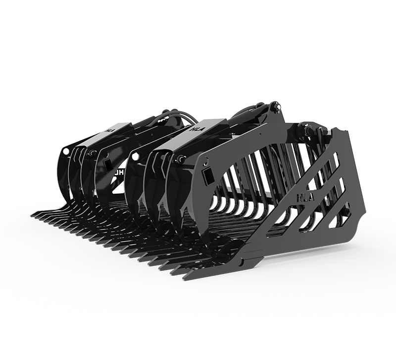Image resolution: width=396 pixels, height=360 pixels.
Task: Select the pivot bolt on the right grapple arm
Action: click(180, 159)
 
